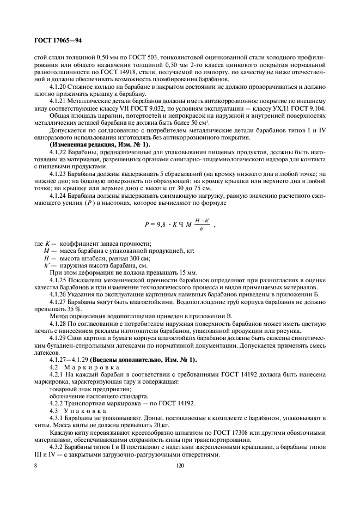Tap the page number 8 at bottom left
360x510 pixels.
[x=36, y=466]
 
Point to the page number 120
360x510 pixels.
[x=180, y=466]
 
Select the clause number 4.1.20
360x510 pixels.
[x=59, y=87]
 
